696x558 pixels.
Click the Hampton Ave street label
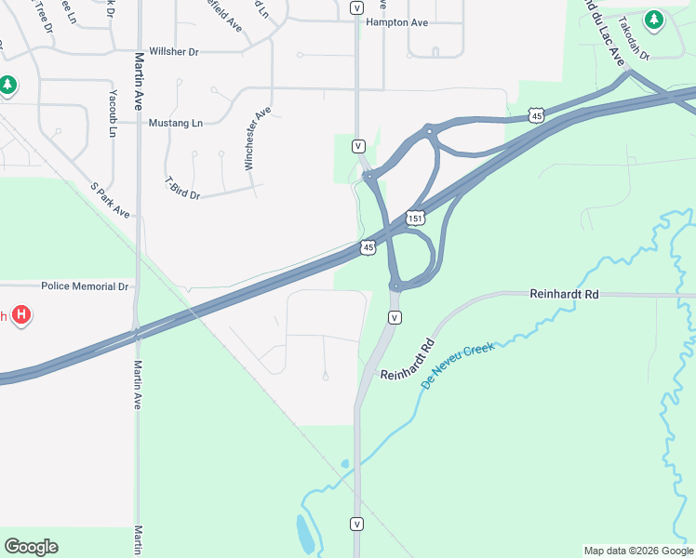pyautogui.click(x=397, y=21)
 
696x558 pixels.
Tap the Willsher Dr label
pyautogui.click(x=174, y=52)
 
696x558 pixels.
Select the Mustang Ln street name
pyautogui.click(x=176, y=123)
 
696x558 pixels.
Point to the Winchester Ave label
pyautogui.click(x=257, y=139)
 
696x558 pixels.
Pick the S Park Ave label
pyautogui.click(x=111, y=200)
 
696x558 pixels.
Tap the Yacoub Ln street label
pyautogui.click(x=114, y=113)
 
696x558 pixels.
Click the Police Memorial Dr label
pyautogui.click(x=84, y=286)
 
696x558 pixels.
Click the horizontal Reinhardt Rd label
pyautogui.click(x=564, y=294)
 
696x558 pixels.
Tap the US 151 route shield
pyautogui.click(x=415, y=218)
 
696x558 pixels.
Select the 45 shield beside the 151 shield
pyautogui.click(x=368, y=247)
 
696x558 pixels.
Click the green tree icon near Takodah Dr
pyautogui.click(x=654, y=20)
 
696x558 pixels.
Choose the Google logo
pyautogui.click(x=31, y=547)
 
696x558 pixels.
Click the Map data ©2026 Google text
pyautogui.click(x=637, y=551)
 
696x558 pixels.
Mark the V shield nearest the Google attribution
pyautogui.click(x=356, y=524)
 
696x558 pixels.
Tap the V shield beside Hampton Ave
pyautogui.click(x=357, y=7)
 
